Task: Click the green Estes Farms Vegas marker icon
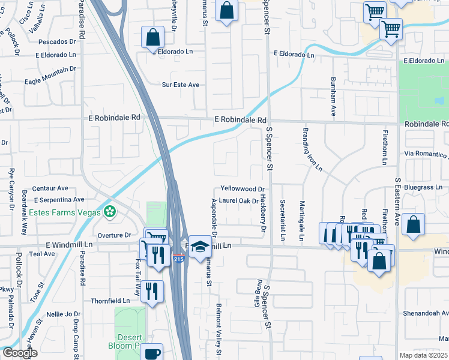pyautogui.click(x=109, y=211)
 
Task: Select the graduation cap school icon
pyautogui.click(x=200, y=247)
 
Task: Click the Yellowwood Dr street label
pyautogui.click(x=243, y=188)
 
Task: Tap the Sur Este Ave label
pyautogui.click(x=181, y=85)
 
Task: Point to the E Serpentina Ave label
pyautogui.click(x=59, y=199)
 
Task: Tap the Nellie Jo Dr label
pyautogui.click(x=64, y=314)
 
